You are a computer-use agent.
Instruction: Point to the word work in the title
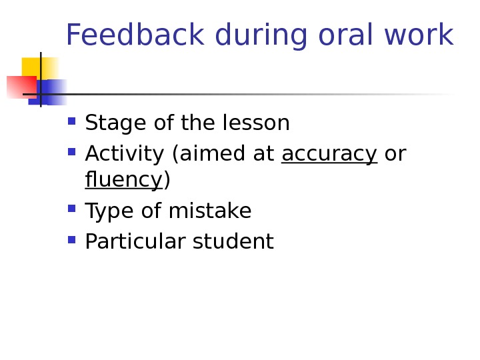tap(419, 35)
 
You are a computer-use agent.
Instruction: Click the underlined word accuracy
tap(329, 155)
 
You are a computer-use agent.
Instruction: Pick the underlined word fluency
tap(123, 180)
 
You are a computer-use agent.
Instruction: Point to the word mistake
tap(209, 211)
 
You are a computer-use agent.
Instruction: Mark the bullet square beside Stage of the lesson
tap(72, 122)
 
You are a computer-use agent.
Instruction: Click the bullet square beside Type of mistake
tap(72, 209)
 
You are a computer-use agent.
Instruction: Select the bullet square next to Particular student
tap(72, 239)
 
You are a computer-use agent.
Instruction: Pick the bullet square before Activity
tap(72, 153)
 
